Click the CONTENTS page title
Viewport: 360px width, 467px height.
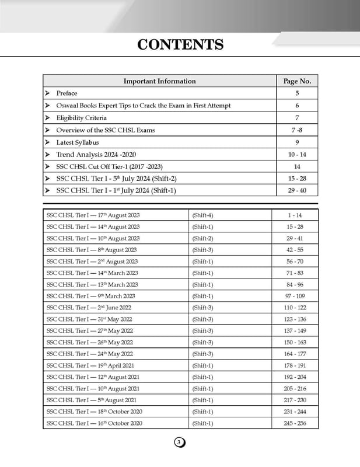tap(180, 45)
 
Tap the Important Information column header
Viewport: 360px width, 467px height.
tap(159, 81)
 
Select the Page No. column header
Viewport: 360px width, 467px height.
tap(297, 81)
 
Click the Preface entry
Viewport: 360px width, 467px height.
tap(67, 93)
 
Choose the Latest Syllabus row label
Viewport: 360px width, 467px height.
tap(78, 142)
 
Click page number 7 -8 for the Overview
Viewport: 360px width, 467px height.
tap(297, 130)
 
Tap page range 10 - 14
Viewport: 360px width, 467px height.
tap(297, 155)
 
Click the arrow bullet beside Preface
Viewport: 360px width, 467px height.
tap(48, 93)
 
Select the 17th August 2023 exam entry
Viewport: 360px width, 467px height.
tap(93, 215)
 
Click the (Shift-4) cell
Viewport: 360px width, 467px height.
tap(202, 215)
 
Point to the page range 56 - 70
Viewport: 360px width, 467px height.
tap(295, 262)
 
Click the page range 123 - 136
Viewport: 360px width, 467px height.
tap(295, 319)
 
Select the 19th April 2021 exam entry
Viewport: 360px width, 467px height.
tap(92, 365)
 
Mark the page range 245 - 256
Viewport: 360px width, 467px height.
tap(295, 423)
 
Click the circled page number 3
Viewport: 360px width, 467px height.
tap(179, 443)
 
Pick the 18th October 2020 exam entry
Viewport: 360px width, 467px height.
tap(94, 412)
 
